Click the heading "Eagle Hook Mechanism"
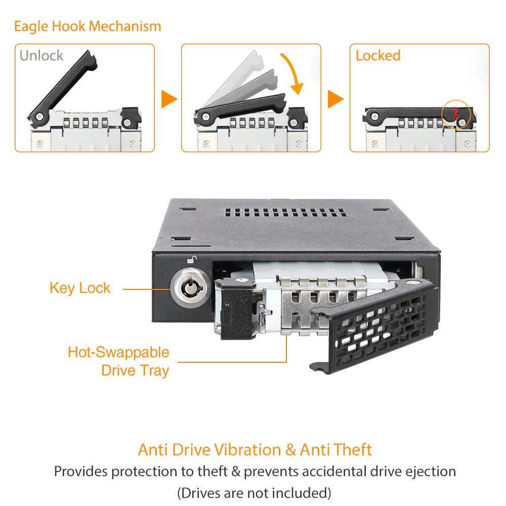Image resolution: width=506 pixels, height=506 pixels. [88, 26]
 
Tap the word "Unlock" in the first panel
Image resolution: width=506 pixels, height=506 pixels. [41, 56]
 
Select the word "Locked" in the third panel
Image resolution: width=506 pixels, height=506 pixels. [378, 56]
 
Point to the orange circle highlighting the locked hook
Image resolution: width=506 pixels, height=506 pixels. [456, 114]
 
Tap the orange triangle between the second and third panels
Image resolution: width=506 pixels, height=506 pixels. [335, 99]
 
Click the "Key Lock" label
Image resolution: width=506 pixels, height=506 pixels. [80, 288]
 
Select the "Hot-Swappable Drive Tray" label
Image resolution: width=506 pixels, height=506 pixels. [118, 361]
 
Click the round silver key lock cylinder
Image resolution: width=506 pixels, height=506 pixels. [188, 287]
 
